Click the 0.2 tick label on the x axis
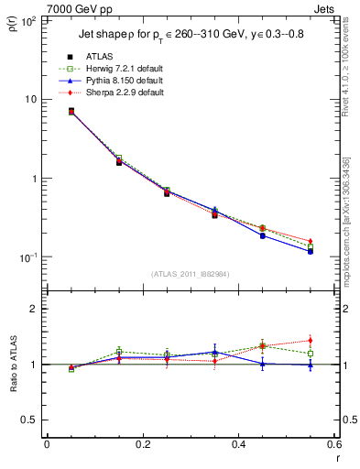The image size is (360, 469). pyautogui.click(x=142, y=446)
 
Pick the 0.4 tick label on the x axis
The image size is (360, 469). pyautogui.click(x=238, y=446)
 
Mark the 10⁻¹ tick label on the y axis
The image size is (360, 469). pyautogui.click(x=27, y=257)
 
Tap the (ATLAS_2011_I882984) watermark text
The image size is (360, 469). pyautogui.click(x=191, y=274)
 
